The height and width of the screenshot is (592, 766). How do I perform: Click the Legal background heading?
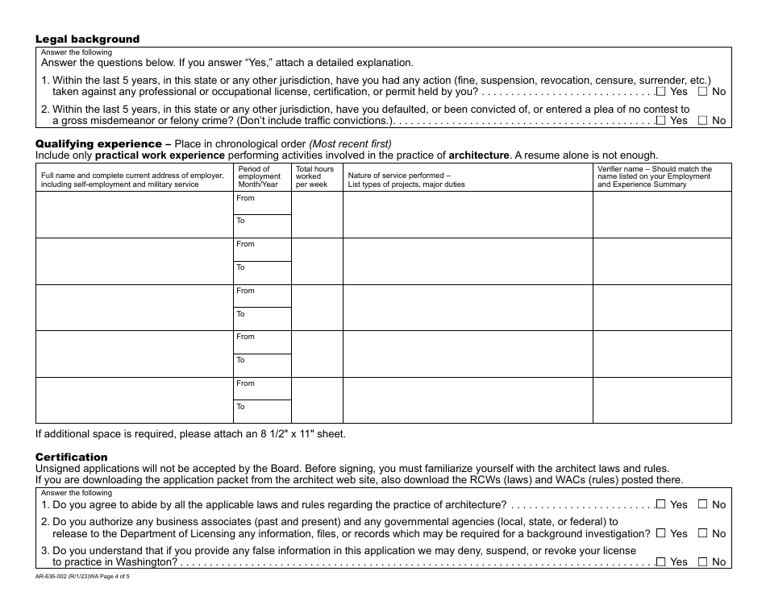(87, 39)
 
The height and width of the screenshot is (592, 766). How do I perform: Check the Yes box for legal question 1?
(661, 91)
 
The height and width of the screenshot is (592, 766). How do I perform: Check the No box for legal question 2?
(702, 120)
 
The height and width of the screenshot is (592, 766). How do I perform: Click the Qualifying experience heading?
(98, 144)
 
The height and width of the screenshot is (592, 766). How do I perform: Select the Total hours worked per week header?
(314, 176)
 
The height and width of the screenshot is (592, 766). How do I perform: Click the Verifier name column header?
(655, 176)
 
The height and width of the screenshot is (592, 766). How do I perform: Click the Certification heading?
(71, 457)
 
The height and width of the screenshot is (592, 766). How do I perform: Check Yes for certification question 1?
(661, 504)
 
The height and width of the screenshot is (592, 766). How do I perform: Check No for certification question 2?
(702, 532)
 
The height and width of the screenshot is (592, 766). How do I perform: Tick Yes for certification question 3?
(661, 561)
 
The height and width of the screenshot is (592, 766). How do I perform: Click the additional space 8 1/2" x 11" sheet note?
(190, 433)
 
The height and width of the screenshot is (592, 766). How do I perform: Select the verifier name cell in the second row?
(662, 261)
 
